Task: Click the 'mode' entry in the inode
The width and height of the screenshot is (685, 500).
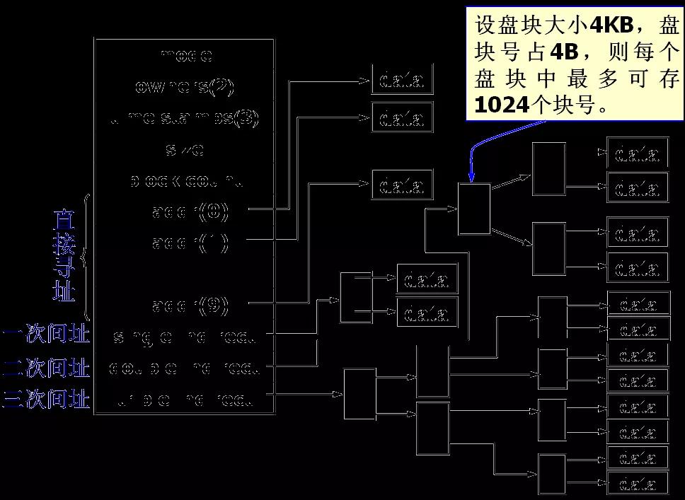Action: click(186, 55)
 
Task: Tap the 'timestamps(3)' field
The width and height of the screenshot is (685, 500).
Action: click(185, 118)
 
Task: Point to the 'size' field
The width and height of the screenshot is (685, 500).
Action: click(185, 149)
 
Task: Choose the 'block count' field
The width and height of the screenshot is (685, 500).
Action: click(186, 181)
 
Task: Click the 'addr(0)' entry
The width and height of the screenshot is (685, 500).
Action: click(190, 211)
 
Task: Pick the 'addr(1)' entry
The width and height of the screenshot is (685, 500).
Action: click(190, 243)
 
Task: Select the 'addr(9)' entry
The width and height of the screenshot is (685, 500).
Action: click(190, 306)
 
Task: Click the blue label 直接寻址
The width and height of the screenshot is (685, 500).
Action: click(64, 256)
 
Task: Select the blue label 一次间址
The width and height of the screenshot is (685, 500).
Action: click(47, 335)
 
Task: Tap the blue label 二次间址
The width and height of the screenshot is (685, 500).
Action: click(47, 368)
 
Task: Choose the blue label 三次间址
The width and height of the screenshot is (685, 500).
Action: click(47, 400)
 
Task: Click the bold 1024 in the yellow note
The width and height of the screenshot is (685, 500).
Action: click(502, 105)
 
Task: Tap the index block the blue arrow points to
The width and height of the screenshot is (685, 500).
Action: click(473, 209)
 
